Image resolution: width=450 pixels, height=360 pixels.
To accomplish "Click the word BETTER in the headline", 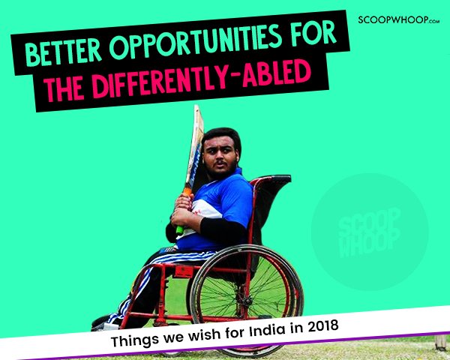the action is click(x=64, y=51).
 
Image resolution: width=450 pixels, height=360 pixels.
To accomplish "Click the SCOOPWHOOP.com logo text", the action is click(x=399, y=20).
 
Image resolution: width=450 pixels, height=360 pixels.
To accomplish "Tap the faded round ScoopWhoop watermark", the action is click(x=370, y=232).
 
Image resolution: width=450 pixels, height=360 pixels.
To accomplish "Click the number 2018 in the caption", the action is click(x=323, y=327).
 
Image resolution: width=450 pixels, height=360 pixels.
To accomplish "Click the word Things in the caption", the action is click(x=135, y=340).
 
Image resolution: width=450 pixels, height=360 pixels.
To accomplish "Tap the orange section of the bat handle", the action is click(x=187, y=191).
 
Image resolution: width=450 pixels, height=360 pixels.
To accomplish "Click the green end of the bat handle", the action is click(x=180, y=230).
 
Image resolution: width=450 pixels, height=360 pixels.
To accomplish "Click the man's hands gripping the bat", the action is click(x=183, y=211).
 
